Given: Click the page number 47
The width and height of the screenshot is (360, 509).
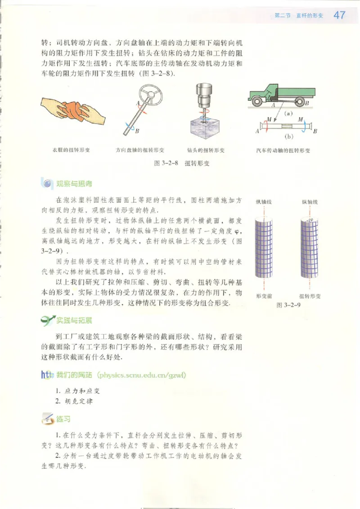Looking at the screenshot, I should pos(339,15).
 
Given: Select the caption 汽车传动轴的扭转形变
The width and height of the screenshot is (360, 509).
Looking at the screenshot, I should pos(283,150).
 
